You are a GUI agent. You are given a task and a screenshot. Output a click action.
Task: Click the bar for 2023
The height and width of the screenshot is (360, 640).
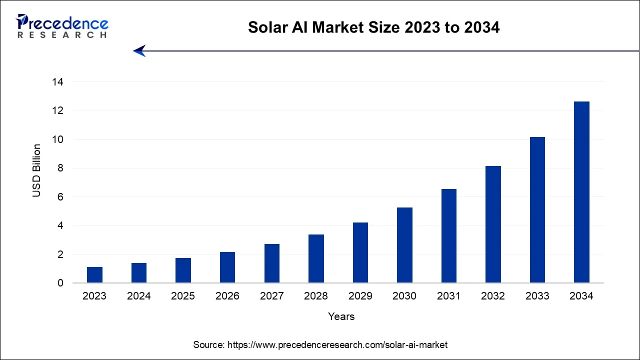coord(94,275)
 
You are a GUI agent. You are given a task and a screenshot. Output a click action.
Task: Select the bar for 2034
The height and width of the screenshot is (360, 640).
coord(581,192)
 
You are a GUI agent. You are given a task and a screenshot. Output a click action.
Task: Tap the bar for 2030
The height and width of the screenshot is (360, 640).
coord(404,245)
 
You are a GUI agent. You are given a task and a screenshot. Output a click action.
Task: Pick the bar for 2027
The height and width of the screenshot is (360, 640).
coord(271,263)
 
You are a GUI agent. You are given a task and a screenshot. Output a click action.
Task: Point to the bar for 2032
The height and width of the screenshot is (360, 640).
coord(493,224)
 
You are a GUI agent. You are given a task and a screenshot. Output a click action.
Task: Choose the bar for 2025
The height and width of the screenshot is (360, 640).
coord(183,270)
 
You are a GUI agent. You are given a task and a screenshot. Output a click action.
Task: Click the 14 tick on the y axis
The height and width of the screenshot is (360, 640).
coord(58,82)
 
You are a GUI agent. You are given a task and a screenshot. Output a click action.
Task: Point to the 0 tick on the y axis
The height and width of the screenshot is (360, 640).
coord(60,283)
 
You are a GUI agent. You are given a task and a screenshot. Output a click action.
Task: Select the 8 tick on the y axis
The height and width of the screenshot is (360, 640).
coord(60,168)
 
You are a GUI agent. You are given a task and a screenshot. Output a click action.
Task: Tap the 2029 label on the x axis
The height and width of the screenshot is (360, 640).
coord(360,296)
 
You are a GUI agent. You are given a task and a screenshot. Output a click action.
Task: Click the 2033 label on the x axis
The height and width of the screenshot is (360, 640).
coord(537,296)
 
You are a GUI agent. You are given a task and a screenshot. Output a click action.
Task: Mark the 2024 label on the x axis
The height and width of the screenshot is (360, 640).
coord(139,296)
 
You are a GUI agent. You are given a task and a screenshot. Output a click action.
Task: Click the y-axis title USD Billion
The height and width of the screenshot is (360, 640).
coord(37,170)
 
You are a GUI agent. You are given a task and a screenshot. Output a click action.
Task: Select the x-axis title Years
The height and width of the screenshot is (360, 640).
coord(341,316)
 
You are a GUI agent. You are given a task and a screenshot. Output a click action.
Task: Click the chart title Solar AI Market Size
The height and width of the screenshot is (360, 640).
coord(373,27)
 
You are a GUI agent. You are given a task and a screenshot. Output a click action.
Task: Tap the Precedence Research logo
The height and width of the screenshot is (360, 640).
coord(62,26)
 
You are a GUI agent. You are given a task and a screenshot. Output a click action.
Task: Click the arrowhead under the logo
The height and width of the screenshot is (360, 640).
coord(139,51)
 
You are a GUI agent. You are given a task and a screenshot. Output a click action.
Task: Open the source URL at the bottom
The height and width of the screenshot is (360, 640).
coord(337,345)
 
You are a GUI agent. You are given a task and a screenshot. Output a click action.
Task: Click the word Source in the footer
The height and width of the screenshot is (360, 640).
coord(208,345)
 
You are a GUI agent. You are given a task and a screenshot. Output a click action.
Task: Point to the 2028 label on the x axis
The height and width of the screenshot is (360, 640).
coord(316,296)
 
